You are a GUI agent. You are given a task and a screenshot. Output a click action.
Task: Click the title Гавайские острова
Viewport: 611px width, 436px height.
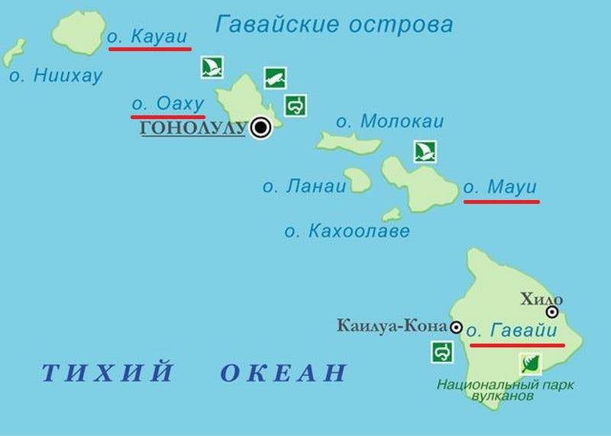(x=335, y=24)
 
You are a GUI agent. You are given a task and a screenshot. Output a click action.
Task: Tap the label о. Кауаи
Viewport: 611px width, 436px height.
(x=149, y=36)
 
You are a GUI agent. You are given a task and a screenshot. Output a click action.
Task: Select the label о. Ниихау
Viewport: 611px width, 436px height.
(x=55, y=76)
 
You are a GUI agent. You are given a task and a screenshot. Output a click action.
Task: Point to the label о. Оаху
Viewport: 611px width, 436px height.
(x=167, y=103)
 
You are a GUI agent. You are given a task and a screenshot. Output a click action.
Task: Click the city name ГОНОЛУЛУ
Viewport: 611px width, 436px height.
(x=194, y=128)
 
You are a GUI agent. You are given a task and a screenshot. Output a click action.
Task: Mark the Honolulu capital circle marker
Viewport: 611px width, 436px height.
(x=261, y=128)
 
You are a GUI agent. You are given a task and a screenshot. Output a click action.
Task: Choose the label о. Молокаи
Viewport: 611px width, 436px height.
(x=390, y=121)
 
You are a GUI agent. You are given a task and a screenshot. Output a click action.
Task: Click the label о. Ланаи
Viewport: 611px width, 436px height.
(x=304, y=186)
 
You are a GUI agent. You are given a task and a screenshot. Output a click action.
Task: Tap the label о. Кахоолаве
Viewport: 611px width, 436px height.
(x=347, y=231)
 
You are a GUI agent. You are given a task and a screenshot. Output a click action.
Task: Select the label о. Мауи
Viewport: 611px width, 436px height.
(x=500, y=187)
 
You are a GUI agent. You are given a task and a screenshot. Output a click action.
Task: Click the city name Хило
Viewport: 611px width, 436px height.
(x=541, y=299)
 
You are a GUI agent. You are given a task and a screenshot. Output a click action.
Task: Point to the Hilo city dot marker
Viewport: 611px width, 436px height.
(x=551, y=312)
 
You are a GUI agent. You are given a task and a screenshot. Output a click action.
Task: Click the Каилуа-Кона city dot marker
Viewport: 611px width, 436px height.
(x=456, y=328)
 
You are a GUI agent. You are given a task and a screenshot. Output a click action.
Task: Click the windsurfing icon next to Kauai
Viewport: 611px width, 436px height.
(x=212, y=67)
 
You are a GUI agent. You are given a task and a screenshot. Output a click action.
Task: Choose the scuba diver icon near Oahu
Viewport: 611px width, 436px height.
(x=275, y=78)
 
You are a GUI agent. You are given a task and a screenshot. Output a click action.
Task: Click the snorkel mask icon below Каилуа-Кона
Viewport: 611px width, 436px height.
(x=441, y=352)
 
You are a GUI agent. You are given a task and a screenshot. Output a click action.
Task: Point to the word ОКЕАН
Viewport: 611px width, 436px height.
(x=283, y=373)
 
